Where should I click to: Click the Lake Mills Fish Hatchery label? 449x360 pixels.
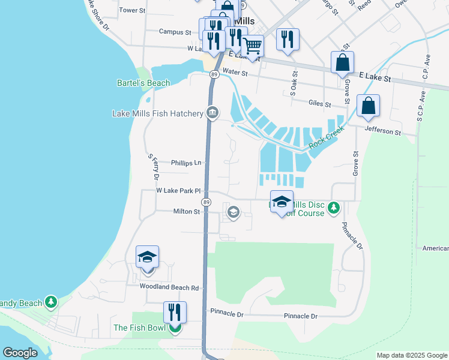click(158, 113)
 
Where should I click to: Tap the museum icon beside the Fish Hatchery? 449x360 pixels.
click(212, 113)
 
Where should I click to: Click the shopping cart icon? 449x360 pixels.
click(253, 44)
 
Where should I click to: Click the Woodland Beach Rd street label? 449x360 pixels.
click(169, 287)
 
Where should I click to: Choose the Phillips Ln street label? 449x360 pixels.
click(185, 163)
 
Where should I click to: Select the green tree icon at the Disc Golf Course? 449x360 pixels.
click(334, 209)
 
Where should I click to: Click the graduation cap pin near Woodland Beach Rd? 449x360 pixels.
click(147, 257)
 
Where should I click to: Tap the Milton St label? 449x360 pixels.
click(186, 212)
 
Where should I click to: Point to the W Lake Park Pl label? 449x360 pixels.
click(178, 191)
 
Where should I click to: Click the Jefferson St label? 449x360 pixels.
click(382, 131)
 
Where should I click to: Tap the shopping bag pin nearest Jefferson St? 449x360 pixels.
click(368, 106)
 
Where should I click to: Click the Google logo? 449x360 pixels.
click(20, 353)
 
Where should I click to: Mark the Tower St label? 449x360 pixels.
click(133, 10)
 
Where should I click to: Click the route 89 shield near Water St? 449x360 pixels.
click(214, 74)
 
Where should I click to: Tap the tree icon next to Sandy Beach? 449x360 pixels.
click(52, 302)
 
